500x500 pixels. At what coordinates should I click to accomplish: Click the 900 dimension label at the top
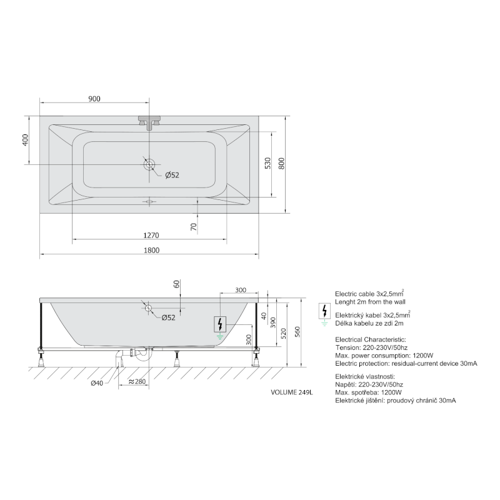point(94,99)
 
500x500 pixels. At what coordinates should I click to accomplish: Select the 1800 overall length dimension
point(151,251)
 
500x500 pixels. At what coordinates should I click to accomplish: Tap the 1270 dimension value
point(151,236)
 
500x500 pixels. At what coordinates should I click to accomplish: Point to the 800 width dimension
point(281,163)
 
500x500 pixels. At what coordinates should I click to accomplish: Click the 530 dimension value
point(267,163)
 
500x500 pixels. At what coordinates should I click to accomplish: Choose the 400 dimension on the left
point(25,140)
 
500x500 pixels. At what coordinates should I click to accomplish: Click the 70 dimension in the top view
point(194,227)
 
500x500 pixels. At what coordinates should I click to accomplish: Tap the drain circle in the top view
point(149,164)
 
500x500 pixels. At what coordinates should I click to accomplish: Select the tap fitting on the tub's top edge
point(149,122)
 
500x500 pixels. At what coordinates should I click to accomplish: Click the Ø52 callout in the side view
point(168,317)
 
